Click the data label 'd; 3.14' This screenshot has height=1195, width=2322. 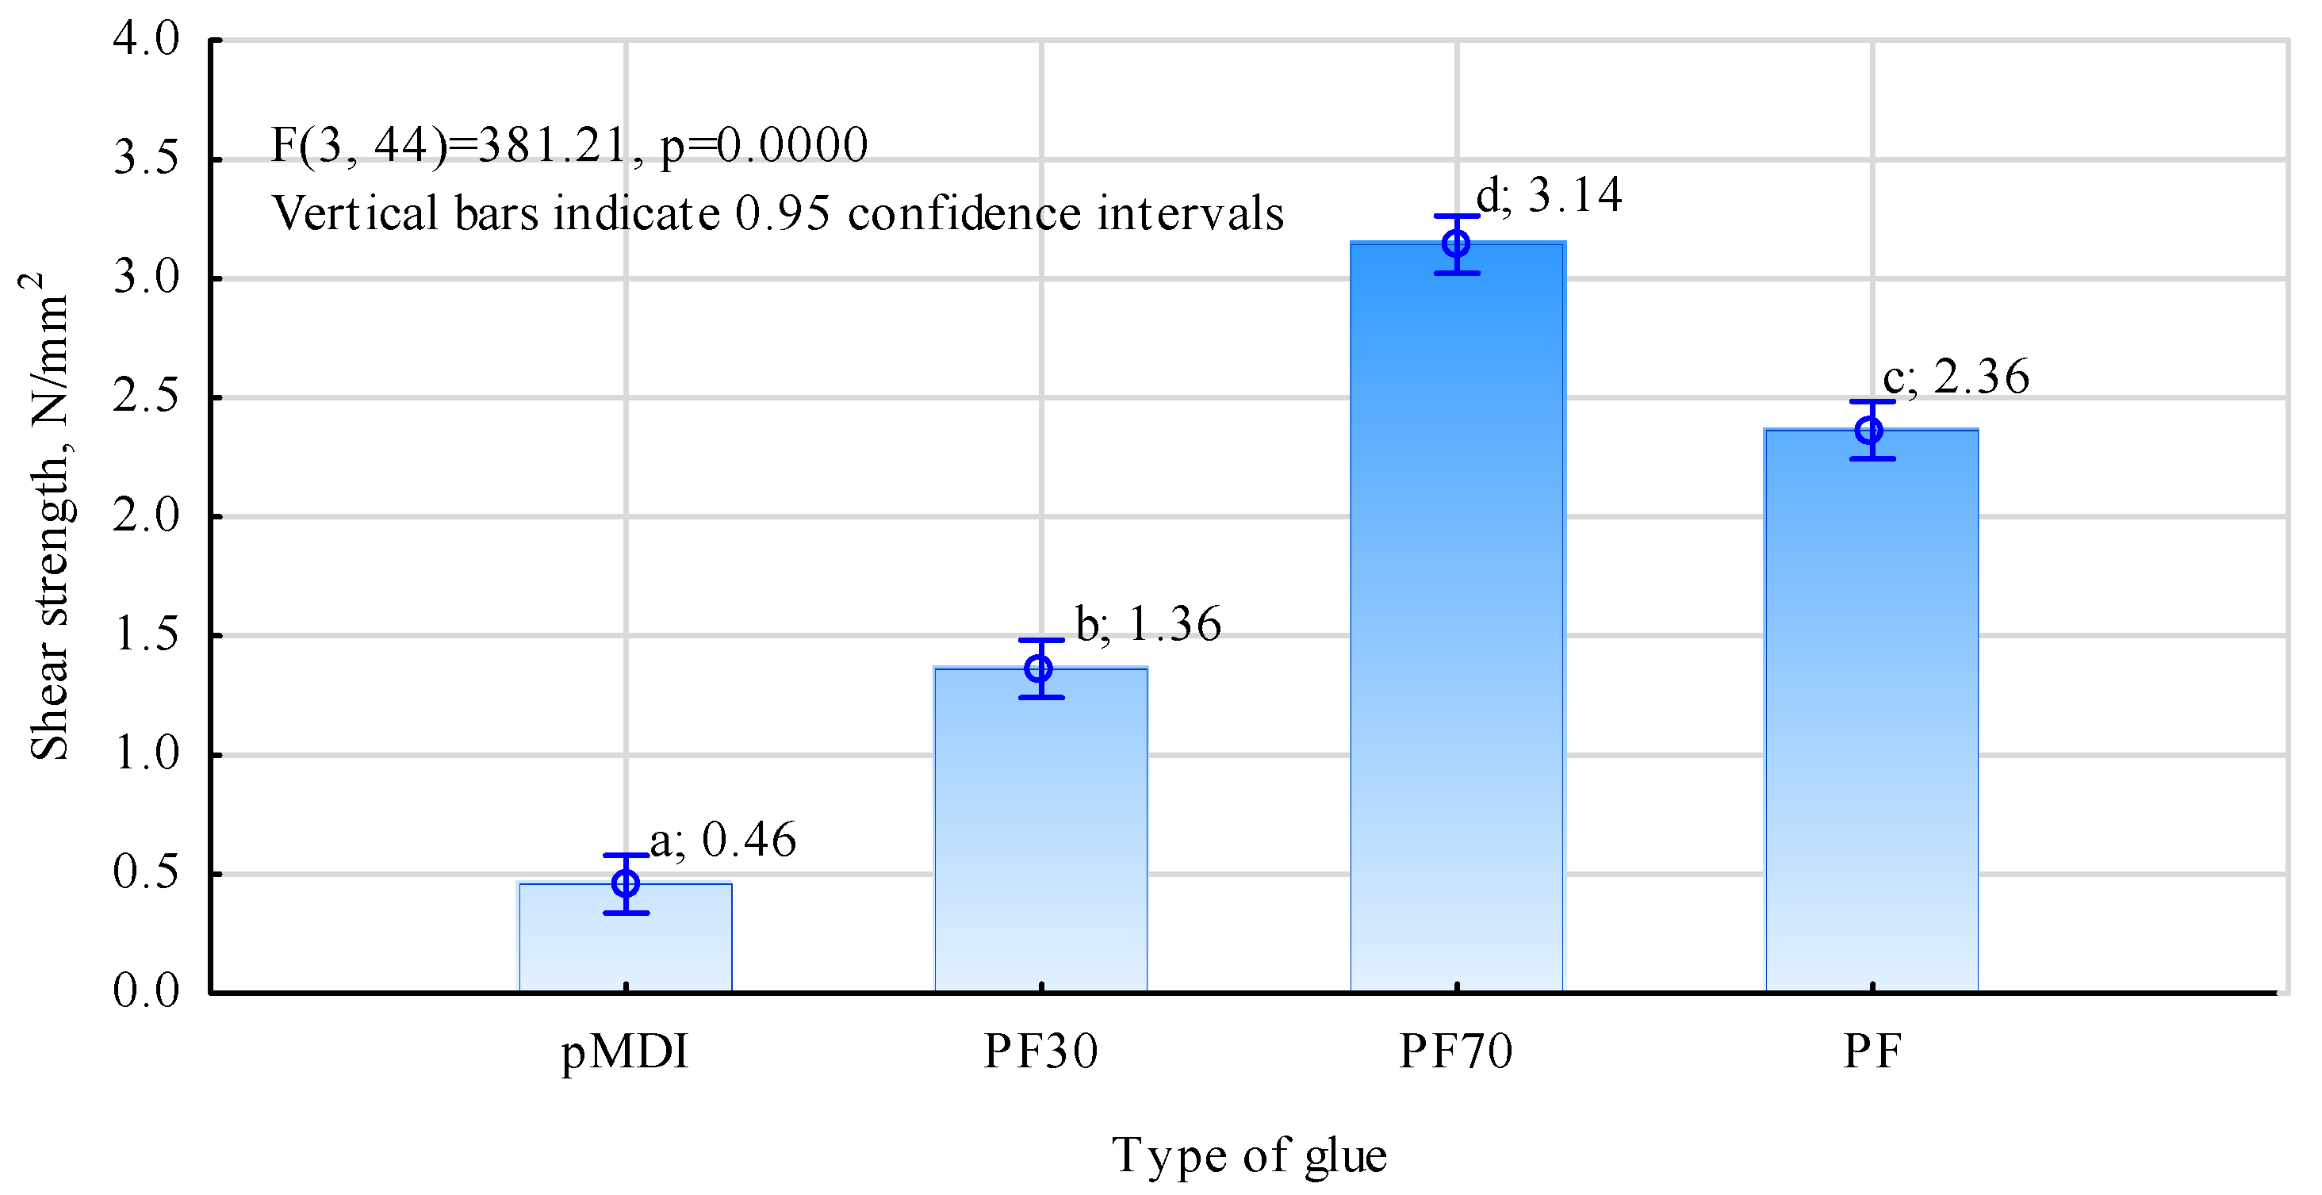click(x=1549, y=196)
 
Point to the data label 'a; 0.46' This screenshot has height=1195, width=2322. click(x=723, y=840)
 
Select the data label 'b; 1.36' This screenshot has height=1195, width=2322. click(x=1148, y=625)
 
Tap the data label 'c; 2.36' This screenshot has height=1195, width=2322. click(x=1956, y=377)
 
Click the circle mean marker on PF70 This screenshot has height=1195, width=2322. click(x=1456, y=243)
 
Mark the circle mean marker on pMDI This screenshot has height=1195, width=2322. click(x=625, y=883)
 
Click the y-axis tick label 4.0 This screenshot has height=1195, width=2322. click(x=146, y=40)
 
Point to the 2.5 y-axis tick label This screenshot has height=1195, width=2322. click(x=146, y=397)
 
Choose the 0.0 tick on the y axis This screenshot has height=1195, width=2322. click(x=146, y=991)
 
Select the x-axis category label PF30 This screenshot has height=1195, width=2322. click(x=1040, y=1051)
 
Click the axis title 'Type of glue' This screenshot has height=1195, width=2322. click(x=1248, y=1156)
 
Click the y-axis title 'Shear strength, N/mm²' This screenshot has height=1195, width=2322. click(x=47, y=518)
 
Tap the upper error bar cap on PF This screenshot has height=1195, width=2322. click(x=1872, y=402)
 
